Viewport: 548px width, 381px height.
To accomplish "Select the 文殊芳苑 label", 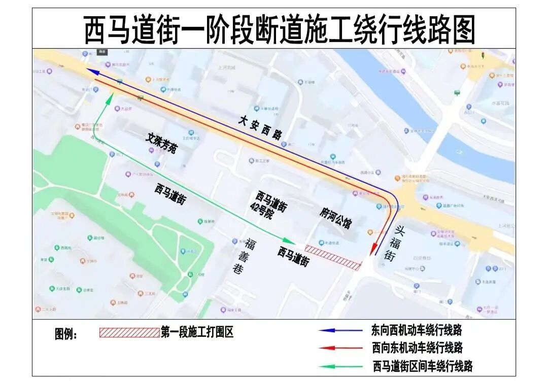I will point(162,143).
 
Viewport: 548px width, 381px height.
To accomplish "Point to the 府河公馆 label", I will point(335,218).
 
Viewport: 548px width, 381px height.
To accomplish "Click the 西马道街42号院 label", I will point(271,205).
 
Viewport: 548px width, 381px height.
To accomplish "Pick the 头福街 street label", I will point(396,244).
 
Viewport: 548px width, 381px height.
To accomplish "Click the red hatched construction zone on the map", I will point(333,257).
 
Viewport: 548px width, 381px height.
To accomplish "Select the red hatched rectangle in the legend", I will point(129,332).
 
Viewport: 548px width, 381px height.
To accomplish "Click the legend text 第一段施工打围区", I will point(197,332).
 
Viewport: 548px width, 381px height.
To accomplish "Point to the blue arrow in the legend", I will point(334,330).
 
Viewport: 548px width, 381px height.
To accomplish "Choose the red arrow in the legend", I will point(334,348).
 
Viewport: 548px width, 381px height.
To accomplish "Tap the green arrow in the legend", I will point(334,366).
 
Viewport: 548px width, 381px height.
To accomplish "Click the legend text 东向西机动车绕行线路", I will point(416,330).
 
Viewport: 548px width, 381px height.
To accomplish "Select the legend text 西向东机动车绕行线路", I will point(416,348).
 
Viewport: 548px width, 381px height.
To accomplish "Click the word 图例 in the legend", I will point(66,334).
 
